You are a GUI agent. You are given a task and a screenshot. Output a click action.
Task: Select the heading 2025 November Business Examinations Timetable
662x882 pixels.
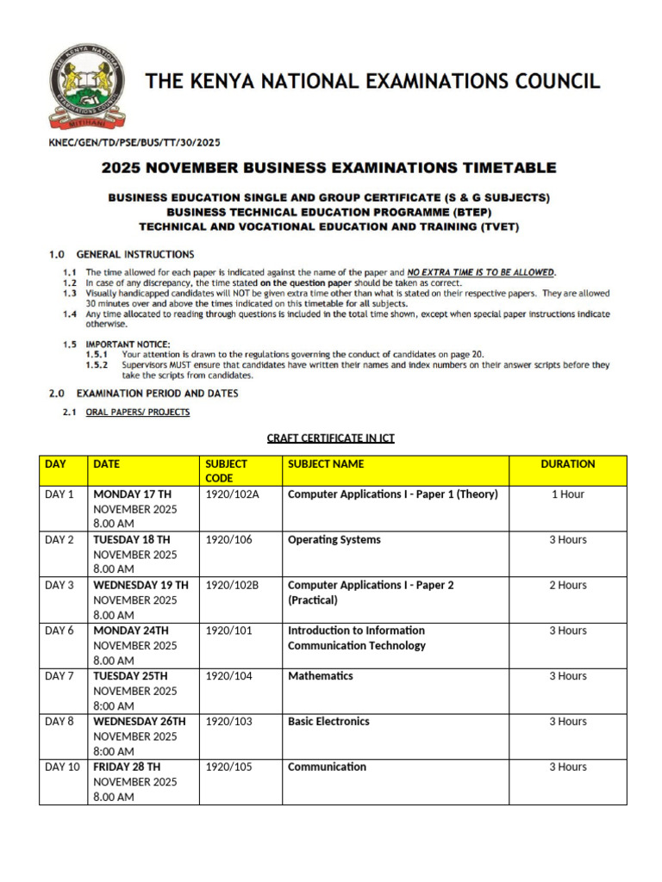[x=329, y=168]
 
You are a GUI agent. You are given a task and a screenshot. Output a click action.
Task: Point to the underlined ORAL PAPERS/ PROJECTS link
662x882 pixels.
[x=138, y=413]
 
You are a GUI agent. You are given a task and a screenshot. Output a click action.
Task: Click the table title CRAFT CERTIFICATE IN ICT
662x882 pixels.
[x=331, y=438]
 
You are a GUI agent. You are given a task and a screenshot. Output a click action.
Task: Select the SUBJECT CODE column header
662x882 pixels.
[x=227, y=470]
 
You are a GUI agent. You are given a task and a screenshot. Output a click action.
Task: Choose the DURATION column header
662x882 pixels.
[x=567, y=464]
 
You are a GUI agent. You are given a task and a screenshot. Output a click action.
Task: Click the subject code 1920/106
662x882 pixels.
[x=229, y=540]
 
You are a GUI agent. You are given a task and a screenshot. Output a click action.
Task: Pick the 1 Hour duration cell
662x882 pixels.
[x=567, y=494]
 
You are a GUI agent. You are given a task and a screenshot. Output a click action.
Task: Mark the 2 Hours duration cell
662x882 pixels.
[x=567, y=586]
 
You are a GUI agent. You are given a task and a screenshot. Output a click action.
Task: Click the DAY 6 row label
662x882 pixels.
[x=59, y=630]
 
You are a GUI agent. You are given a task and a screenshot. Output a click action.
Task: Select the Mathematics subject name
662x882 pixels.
[x=321, y=676]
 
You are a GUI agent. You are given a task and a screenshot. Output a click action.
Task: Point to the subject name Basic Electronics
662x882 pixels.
[x=328, y=722]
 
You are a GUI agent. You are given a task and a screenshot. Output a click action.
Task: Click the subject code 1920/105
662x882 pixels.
[x=229, y=767]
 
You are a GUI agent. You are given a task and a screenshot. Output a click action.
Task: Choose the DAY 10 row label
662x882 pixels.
[x=62, y=767]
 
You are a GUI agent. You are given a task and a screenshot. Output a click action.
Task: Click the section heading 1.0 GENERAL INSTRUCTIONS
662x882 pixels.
[x=122, y=254]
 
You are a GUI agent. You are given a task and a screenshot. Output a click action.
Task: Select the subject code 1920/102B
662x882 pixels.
[x=232, y=586]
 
